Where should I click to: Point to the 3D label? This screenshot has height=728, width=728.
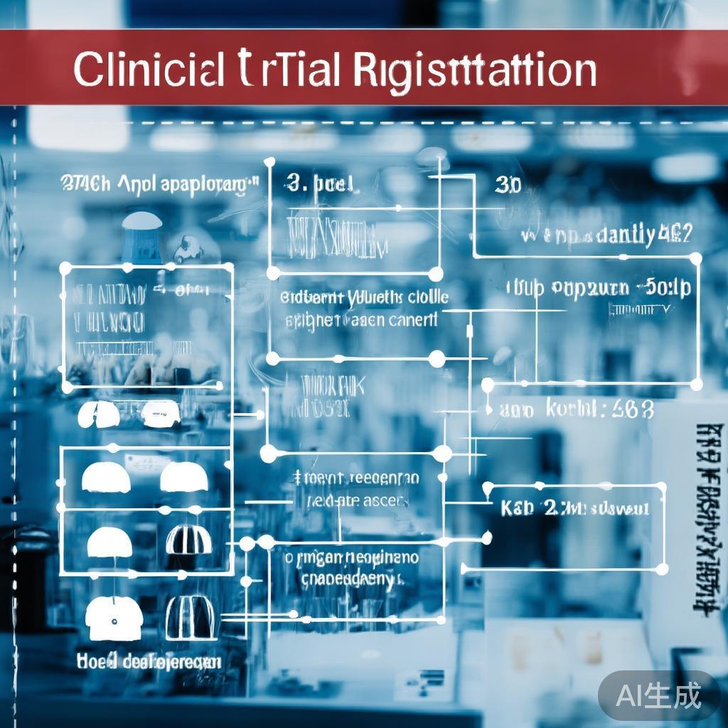(x=508, y=186)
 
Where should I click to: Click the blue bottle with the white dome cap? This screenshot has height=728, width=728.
(x=141, y=237)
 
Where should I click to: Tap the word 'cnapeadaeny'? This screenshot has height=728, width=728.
(x=347, y=579)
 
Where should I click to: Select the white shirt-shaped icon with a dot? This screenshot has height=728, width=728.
(x=113, y=617)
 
